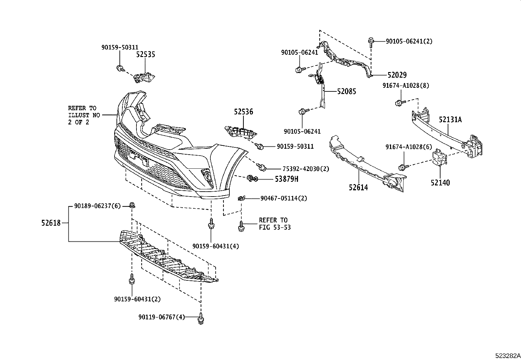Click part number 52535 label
point(145,55)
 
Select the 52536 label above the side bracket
point(243,112)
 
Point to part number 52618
point(51,223)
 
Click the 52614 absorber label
point(358,188)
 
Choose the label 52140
point(440,183)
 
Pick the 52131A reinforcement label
point(450,120)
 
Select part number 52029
point(397,75)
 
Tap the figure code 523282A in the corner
point(507,356)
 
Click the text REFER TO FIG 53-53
point(275,224)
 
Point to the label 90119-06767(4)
point(161,317)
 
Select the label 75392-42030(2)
point(306,169)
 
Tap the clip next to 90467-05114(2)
point(241,198)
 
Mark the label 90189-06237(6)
point(97,206)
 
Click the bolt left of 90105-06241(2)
point(371,41)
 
